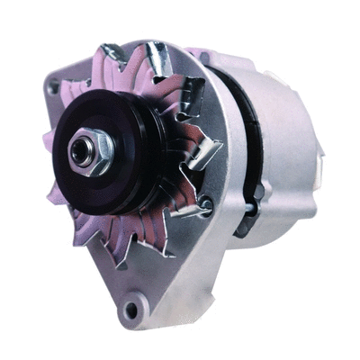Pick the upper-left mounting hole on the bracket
pos(56,87)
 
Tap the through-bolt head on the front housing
pos(205,205)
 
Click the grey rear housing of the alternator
pos(279,144)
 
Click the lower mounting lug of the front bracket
pos(135,310)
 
